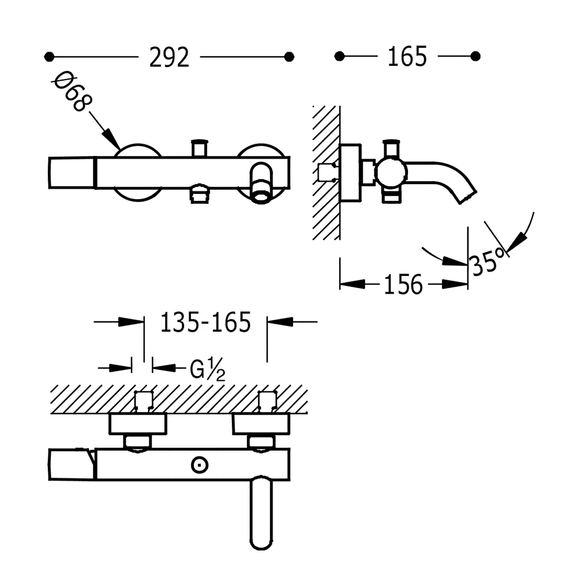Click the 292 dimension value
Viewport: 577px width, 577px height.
169,57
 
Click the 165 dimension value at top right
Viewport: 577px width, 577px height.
407,57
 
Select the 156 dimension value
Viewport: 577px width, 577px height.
403,284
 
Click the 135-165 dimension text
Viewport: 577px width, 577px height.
205,323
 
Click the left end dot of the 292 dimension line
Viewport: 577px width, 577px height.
49,57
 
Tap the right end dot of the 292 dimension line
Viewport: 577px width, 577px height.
290,57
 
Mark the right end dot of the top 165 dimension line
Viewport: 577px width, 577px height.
475,56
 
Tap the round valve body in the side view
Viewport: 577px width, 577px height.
391,172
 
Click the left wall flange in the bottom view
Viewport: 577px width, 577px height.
138,424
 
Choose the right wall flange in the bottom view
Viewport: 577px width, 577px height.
261,425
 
